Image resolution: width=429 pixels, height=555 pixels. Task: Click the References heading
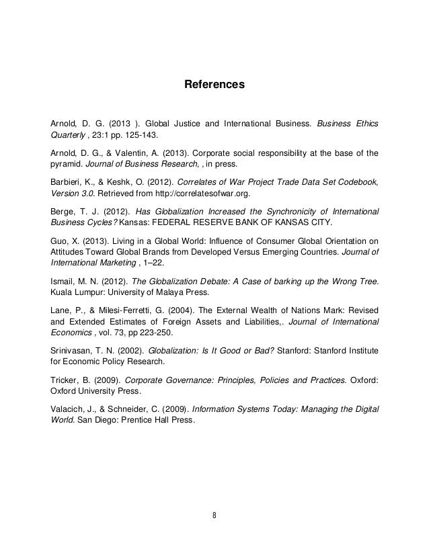pos(214,86)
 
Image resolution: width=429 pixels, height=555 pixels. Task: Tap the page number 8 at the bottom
pos(214,517)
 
